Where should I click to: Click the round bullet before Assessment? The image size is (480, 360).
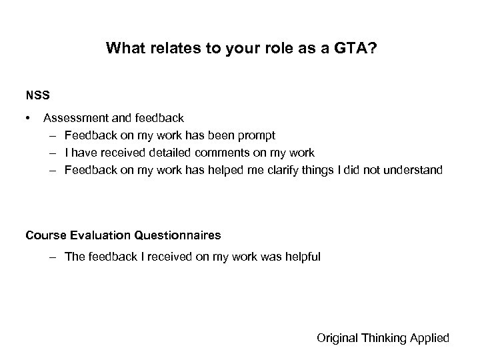[x=29, y=119]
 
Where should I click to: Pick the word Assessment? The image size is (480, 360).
[x=73, y=119]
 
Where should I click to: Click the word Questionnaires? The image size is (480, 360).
[x=178, y=235]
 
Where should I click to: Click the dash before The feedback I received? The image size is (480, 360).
[x=53, y=257]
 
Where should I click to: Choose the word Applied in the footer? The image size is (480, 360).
[x=431, y=338]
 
